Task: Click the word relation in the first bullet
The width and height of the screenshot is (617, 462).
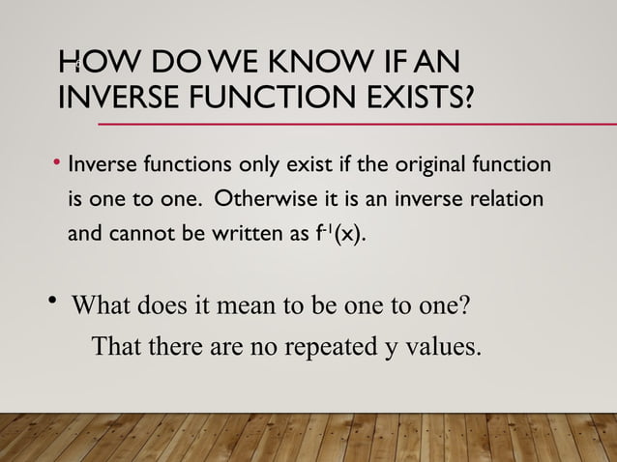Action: (504, 199)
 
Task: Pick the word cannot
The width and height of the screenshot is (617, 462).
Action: (140, 233)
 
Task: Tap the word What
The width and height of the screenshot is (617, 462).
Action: (106, 308)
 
